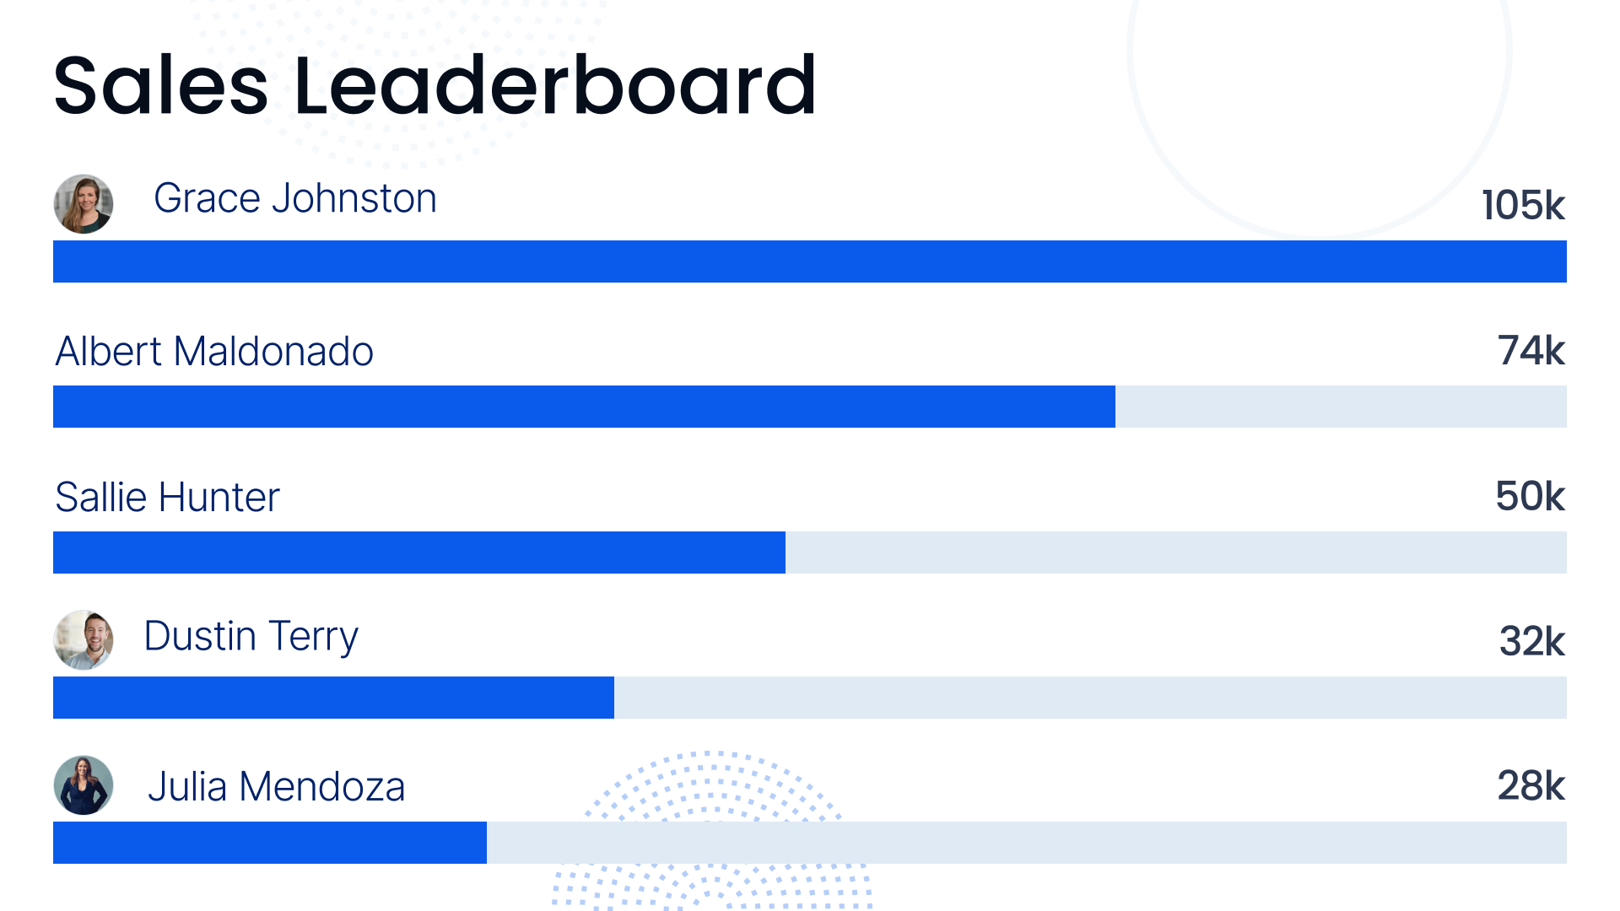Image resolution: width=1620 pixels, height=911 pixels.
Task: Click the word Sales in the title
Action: click(160, 85)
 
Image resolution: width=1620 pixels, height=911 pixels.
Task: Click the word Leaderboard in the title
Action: click(554, 85)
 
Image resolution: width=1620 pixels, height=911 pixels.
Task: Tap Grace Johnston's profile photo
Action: click(84, 204)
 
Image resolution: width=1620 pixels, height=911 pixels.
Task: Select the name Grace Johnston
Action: click(294, 199)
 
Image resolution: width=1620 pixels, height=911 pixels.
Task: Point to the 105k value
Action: click(1523, 205)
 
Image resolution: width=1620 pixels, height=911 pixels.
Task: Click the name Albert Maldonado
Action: click(214, 352)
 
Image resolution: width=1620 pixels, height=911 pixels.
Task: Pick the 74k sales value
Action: click(1531, 350)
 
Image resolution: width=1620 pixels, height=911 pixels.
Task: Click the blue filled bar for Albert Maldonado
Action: click(584, 407)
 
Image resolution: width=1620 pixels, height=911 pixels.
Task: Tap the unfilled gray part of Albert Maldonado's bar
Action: click(1341, 407)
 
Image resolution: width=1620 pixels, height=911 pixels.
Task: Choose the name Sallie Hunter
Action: click(167, 497)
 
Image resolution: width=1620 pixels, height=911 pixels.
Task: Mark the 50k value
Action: click(1530, 496)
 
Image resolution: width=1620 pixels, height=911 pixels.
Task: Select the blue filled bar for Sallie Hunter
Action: click(419, 553)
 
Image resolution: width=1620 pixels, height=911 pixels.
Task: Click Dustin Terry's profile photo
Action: click(84, 639)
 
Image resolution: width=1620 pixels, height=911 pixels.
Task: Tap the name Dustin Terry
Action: click(251, 637)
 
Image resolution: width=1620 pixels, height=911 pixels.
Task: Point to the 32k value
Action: click(1531, 641)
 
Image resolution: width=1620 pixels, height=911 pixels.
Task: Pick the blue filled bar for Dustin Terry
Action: click(333, 698)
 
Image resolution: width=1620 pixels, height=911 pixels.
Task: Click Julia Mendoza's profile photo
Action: click(84, 785)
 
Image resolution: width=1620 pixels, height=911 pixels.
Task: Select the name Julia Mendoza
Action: click(276, 786)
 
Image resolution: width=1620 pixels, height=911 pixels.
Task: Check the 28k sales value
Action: click(1531, 786)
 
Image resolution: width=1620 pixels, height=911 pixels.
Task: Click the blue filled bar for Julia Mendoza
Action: click(270, 843)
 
